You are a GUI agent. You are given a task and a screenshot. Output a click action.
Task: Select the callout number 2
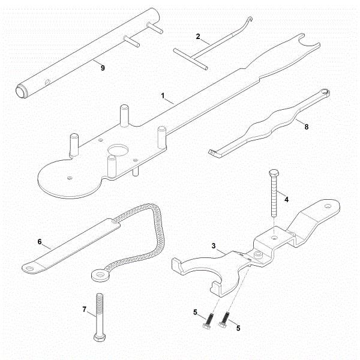point(198,35)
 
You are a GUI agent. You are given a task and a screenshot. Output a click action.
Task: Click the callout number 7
point(85,310)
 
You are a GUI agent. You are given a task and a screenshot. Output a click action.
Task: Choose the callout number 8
point(308,127)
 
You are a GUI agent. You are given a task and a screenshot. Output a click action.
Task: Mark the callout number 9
point(103,68)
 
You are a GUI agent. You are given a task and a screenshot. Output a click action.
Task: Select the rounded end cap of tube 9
point(22,91)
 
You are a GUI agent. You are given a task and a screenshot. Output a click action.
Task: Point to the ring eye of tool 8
point(325,91)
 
